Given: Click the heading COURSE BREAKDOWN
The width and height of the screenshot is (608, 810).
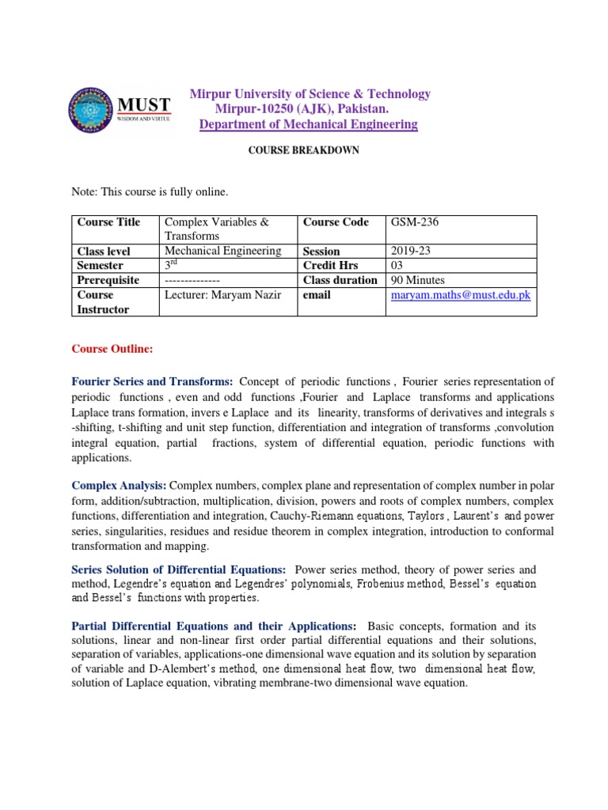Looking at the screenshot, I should click(x=304, y=150).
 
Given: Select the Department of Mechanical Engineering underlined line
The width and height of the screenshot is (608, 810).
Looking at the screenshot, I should click(x=308, y=124).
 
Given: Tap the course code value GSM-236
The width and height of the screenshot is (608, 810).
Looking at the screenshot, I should click(x=415, y=222).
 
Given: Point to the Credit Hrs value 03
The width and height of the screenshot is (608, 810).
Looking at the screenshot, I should click(x=399, y=266).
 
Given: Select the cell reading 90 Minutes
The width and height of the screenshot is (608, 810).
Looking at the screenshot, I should click(x=418, y=280).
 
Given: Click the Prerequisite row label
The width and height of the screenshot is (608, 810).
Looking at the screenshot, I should click(x=108, y=280).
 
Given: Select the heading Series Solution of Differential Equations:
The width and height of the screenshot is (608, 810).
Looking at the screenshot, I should click(x=178, y=569).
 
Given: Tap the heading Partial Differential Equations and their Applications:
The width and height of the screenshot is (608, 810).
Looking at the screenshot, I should click(x=214, y=626).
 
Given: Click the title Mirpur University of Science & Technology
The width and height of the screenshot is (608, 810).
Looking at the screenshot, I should click(x=310, y=94).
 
